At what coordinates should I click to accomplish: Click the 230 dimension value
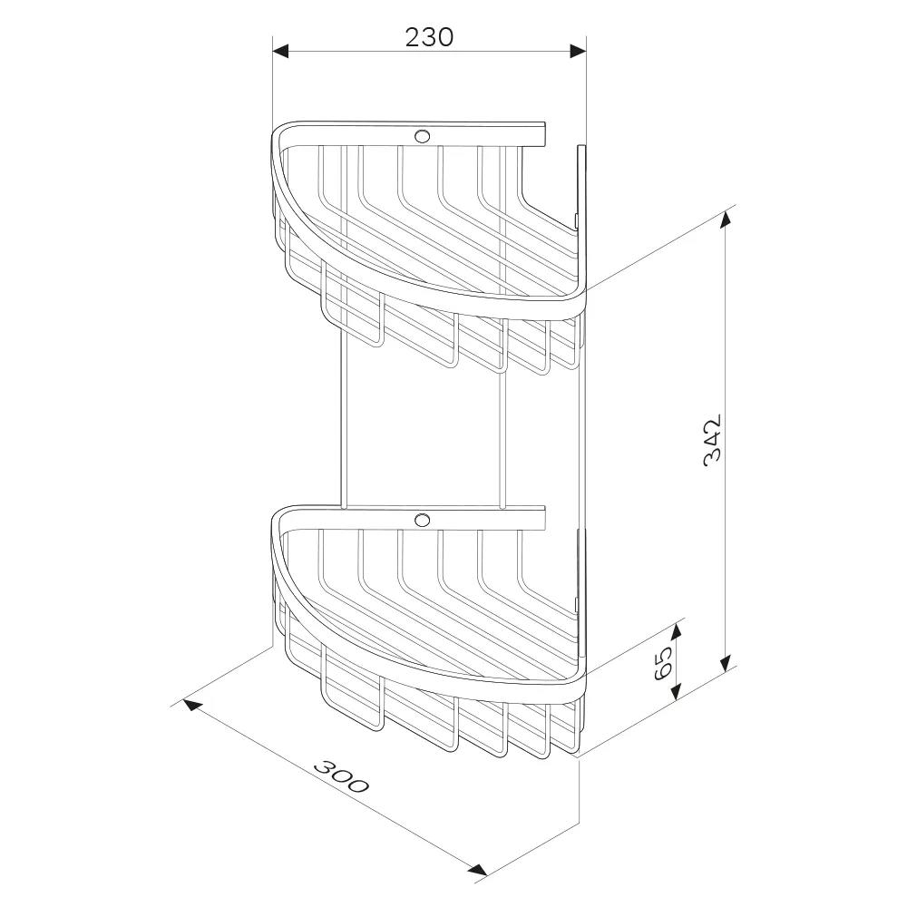pos(429,37)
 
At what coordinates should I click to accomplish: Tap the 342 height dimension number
pos(713,440)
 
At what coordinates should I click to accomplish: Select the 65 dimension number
pos(663,662)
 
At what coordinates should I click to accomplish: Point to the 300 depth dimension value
pos(341,775)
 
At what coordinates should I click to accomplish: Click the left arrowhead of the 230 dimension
pos(280,51)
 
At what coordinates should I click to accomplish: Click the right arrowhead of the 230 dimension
pos(578,51)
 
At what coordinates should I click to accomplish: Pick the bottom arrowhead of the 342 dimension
pos(727,664)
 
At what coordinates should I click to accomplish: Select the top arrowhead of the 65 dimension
pos(678,631)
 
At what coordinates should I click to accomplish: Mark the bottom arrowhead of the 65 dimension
pos(678,690)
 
